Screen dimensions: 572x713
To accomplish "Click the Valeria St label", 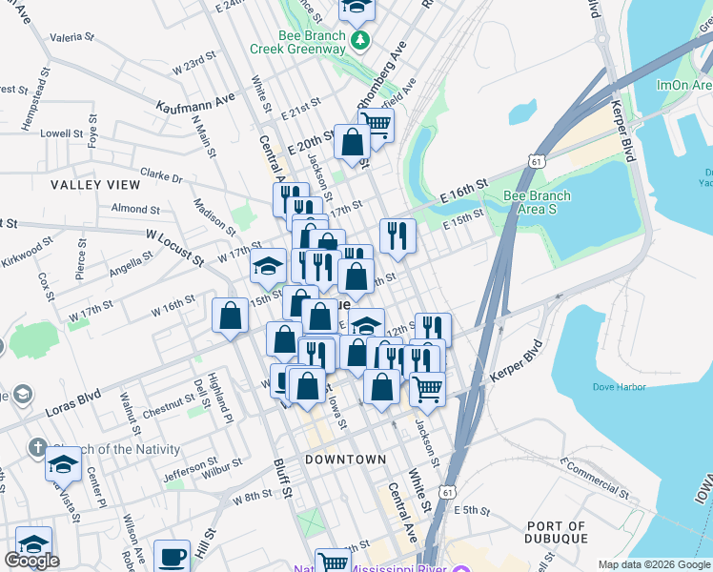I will coord(73,38).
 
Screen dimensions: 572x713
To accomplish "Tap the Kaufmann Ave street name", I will coord(196,99).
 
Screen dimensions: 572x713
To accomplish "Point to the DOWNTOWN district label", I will coord(345,460).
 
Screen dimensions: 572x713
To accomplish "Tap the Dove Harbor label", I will coord(619,387).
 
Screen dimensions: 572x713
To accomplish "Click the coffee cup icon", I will coord(172,555).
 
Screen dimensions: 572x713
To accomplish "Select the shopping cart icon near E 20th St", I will coord(377,124).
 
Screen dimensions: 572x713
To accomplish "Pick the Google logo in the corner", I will coord(31,561).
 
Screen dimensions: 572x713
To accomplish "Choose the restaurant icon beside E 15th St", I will coord(397,235).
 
